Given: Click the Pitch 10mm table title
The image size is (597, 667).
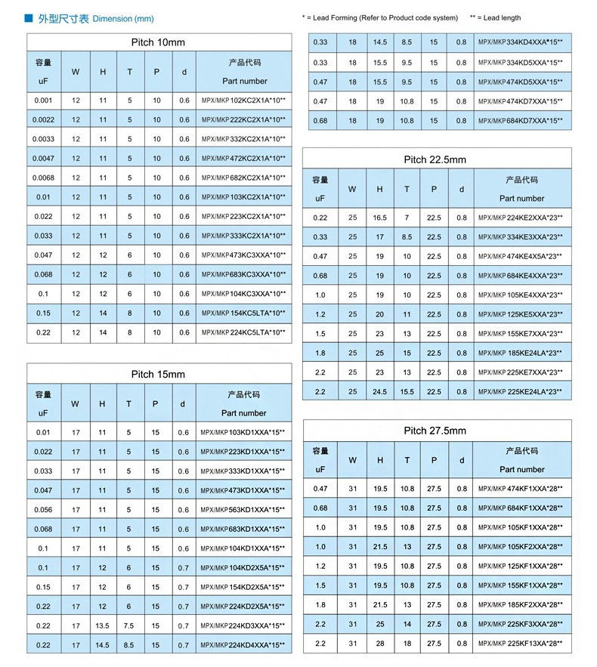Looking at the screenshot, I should pyautogui.click(x=158, y=42).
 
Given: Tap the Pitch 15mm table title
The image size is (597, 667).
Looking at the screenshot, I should pyautogui.click(x=158, y=374).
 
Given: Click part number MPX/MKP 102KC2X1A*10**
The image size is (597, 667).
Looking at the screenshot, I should pyautogui.click(x=243, y=100).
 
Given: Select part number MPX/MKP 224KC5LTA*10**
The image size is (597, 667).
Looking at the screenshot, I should pyautogui.click(x=243, y=332).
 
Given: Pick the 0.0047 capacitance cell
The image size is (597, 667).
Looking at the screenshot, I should pyautogui.click(x=42, y=159).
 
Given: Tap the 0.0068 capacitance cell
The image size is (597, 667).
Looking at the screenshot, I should pyautogui.click(x=42, y=178).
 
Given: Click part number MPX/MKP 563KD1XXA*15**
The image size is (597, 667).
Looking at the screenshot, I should pyautogui.click(x=243, y=510).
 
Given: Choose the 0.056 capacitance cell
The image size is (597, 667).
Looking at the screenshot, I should pyautogui.click(x=42, y=510).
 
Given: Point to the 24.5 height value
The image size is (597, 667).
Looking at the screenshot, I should pyautogui.click(x=379, y=392).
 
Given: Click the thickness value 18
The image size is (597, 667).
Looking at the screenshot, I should pyautogui.click(x=407, y=644).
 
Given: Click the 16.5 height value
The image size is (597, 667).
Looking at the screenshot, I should pyautogui.click(x=379, y=218).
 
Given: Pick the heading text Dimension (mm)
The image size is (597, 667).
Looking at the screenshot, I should pyautogui.click(x=123, y=17).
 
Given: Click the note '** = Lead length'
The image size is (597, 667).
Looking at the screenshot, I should pyautogui.click(x=495, y=17).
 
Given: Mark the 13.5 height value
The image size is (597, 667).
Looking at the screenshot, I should pyautogui.click(x=102, y=625).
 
